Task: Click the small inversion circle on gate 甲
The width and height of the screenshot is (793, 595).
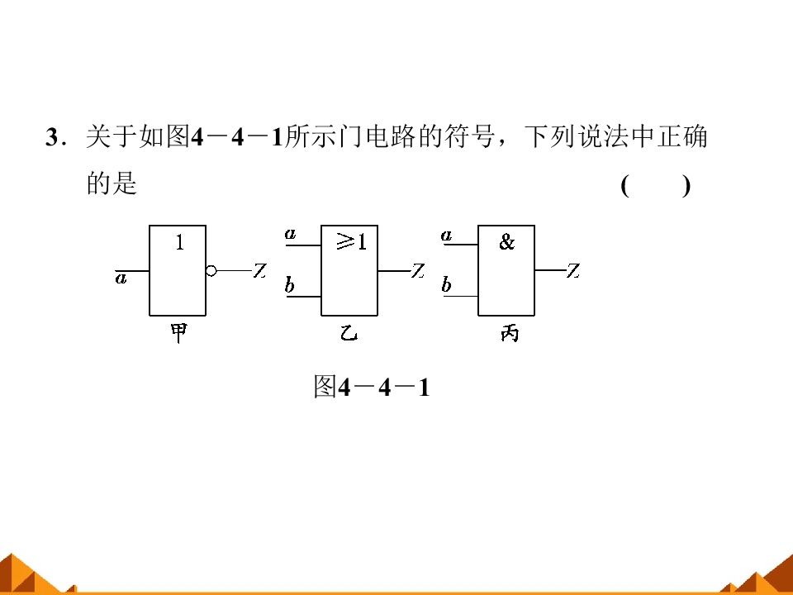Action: (211, 271)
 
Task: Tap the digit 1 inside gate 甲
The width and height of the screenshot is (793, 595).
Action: (179, 243)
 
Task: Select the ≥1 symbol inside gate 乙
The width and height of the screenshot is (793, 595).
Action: (352, 242)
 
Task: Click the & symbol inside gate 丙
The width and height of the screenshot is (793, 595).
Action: (506, 242)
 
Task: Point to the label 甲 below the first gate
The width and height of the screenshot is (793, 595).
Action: (178, 333)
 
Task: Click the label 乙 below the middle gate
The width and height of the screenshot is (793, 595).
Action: (349, 333)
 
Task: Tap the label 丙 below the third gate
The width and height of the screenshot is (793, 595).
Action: (510, 333)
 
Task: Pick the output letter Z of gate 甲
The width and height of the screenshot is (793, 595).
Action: (260, 271)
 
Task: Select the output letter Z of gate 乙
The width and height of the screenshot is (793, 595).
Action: (418, 271)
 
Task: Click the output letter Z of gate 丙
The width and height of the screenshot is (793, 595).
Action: (573, 271)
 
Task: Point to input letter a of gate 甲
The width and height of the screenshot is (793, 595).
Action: (121, 278)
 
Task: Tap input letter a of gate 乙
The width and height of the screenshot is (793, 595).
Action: (290, 234)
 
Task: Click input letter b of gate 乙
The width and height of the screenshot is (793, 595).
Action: (289, 285)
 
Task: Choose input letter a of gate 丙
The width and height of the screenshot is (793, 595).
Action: (446, 236)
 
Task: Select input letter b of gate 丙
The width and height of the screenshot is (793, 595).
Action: (446, 284)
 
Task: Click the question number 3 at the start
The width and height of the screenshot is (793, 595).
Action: (52, 137)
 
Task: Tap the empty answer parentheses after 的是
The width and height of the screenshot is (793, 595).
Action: (655, 186)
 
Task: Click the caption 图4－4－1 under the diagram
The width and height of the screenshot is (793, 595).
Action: (372, 388)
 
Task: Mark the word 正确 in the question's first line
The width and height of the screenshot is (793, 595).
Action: (681, 136)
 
